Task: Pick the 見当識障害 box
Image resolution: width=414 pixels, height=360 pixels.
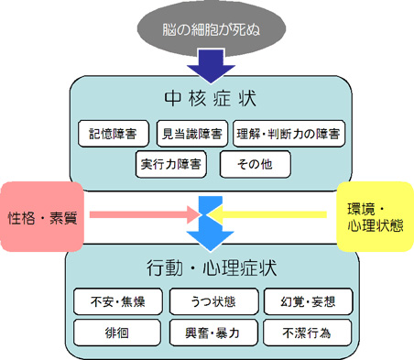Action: pos(191,134)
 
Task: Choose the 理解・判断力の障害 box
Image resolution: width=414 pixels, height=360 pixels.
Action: pos(289,134)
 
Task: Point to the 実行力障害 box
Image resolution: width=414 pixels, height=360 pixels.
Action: pos(171,165)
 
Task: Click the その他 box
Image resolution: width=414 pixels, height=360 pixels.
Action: pos(249,165)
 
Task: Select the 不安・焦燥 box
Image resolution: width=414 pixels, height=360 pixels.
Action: pos(114,300)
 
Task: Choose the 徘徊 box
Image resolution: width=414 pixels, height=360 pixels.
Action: pos(114,330)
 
